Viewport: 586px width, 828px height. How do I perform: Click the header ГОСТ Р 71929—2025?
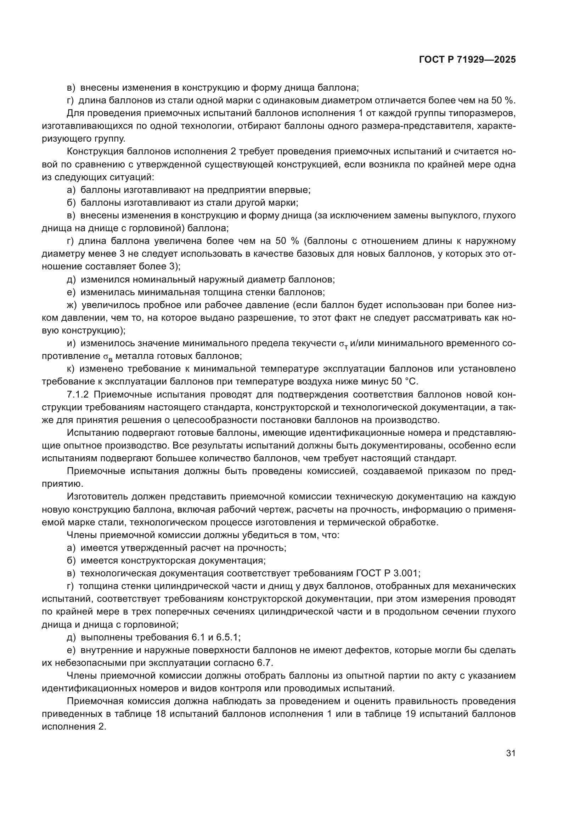coord(467,60)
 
